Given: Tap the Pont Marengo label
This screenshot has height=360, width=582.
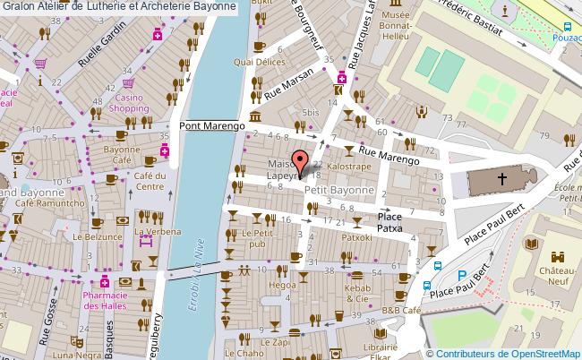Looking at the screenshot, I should click(212, 126).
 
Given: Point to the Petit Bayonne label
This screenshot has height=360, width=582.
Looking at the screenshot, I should click(338, 190).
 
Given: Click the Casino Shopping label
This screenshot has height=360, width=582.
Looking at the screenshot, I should click(129, 103).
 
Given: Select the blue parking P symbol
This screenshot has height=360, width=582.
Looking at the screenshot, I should click(462, 276).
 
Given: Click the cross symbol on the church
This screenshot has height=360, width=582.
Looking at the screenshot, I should click(503, 180).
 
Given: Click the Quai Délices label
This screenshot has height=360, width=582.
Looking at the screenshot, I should click(260, 62).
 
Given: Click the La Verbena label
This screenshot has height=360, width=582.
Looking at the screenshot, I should click(152, 231).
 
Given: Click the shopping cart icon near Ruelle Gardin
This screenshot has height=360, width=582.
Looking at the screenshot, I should click(40, 64).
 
